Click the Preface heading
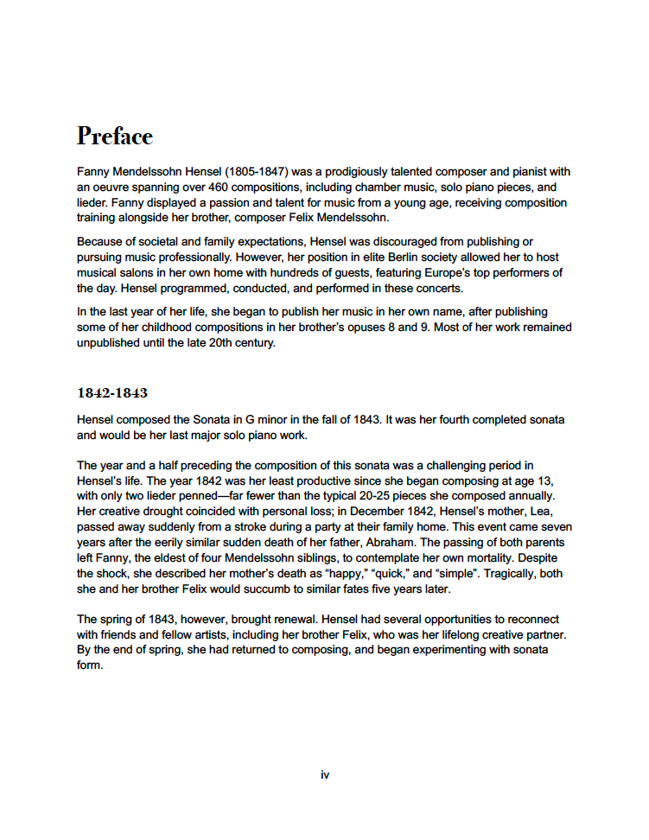coord(114,137)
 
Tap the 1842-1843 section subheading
coord(112,393)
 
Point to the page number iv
coord(325,775)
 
